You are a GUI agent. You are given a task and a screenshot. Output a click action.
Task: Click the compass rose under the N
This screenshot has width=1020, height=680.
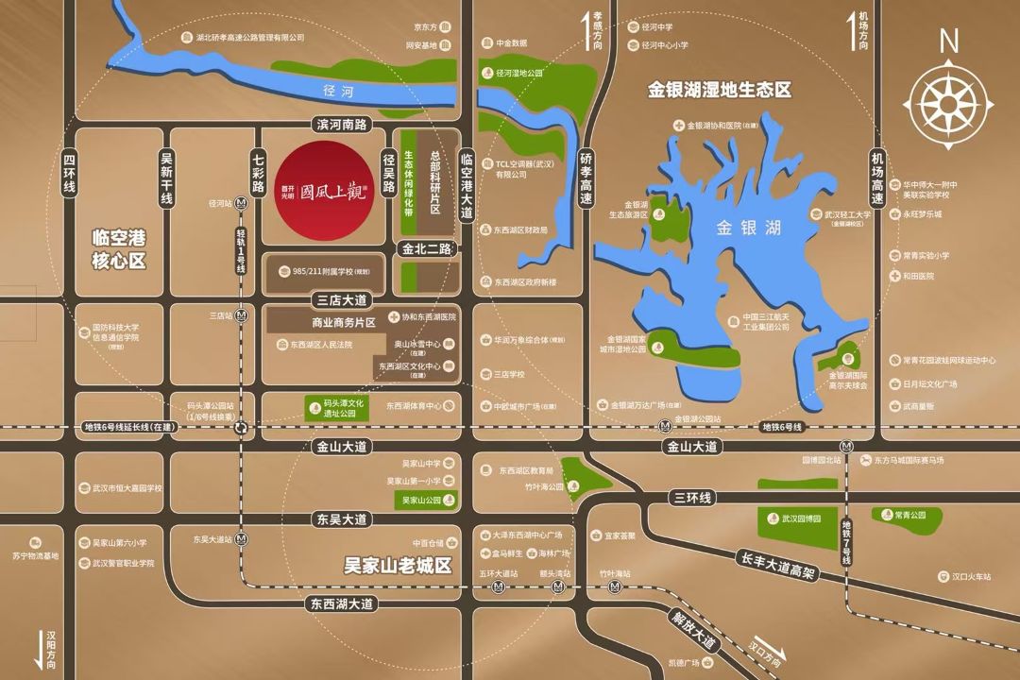949,99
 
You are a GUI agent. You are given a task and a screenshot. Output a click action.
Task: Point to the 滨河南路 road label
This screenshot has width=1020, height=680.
343,125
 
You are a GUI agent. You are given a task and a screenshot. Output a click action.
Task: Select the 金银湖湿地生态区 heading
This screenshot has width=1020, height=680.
719,91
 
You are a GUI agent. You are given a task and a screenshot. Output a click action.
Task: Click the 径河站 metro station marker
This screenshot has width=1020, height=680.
242,203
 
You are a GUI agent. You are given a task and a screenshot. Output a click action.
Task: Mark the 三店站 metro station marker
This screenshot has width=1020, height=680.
242,315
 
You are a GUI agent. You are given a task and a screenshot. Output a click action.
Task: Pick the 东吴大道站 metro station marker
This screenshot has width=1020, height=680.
242,539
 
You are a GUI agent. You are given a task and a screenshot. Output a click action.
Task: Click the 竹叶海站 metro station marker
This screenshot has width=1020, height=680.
617,586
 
